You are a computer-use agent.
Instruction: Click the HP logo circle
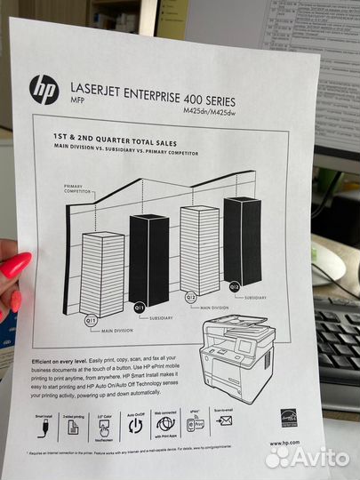click(44, 89)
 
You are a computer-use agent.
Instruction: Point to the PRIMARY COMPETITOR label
click(78, 189)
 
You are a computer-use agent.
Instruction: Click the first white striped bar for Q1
click(102, 273)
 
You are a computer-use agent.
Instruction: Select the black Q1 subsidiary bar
click(148, 259)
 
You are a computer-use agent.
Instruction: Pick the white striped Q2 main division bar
click(199, 250)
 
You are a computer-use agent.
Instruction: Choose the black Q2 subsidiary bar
click(243, 239)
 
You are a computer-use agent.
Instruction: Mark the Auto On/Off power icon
click(135, 426)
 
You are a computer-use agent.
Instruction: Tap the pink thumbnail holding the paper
click(15, 266)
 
